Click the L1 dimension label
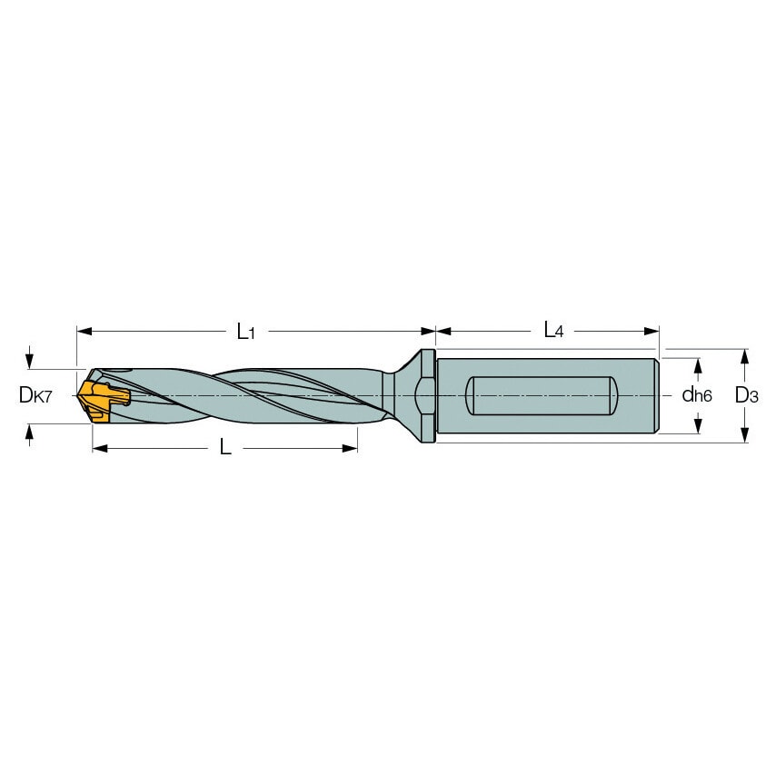click(245, 332)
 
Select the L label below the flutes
click(225, 448)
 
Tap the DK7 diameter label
click(37, 394)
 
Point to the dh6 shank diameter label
click(697, 395)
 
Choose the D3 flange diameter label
click(745, 395)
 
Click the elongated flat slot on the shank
click(538, 396)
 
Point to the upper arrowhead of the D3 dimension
click(745, 355)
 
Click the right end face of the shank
click(657, 396)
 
